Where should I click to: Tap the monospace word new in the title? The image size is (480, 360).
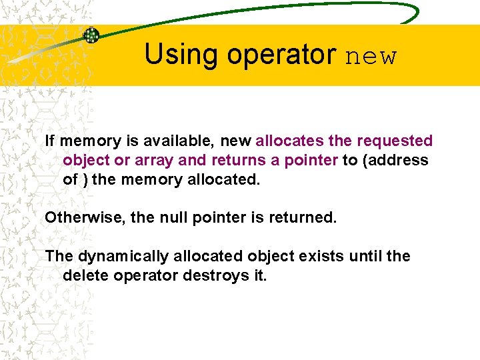371,56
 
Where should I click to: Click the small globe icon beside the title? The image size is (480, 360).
91,35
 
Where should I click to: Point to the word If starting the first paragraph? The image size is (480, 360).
49,141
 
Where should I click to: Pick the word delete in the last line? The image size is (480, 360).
84,275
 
